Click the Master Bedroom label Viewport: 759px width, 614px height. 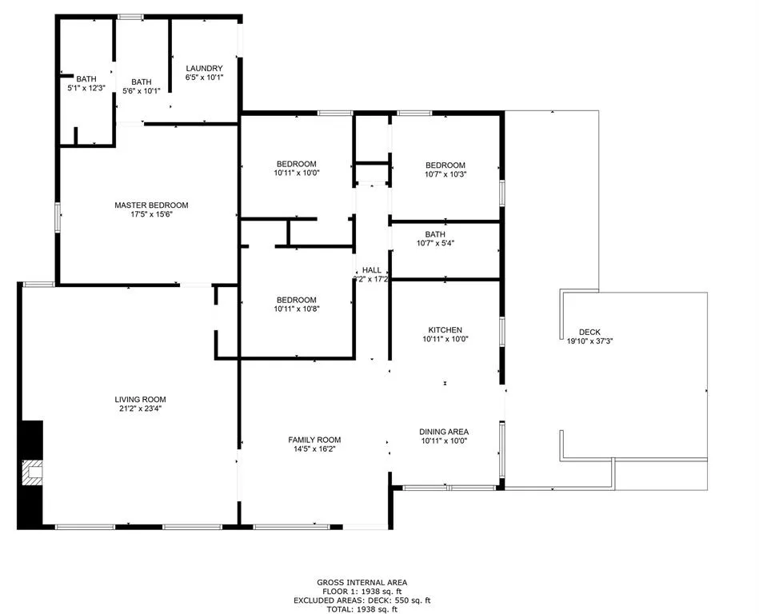click(151, 205)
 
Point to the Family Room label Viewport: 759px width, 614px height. click(314, 440)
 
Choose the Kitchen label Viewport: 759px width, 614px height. click(445, 330)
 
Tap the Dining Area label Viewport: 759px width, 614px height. click(444, 432)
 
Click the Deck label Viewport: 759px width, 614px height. click(589, 333)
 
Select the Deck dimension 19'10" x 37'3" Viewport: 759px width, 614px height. click(589, 341)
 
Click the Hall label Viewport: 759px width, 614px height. click(371, 270)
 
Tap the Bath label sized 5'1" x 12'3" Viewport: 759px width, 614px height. click(86, 78)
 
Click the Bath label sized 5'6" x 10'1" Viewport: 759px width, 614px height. click(141, 82)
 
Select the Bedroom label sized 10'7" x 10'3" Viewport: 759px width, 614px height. click(445, 165)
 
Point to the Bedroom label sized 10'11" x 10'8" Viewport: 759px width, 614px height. click(296, 300)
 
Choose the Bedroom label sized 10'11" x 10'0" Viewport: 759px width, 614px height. click(296, 164)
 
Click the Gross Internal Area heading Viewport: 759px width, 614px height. click(362, 583)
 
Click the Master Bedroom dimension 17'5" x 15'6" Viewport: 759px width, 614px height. click(151, 214)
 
